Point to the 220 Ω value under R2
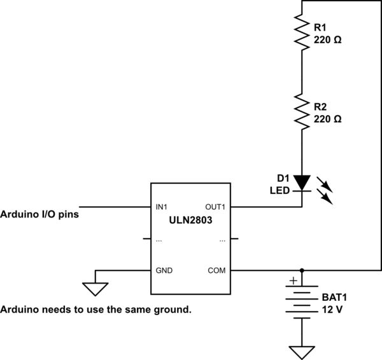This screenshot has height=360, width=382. coord(329,119)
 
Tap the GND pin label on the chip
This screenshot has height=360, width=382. coord(164,270)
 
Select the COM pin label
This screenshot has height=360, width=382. coord(218,270)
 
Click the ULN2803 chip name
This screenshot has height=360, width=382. coord(192,220)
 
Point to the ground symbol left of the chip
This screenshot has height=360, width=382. coord(95,288)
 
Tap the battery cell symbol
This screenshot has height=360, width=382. coord(301,302)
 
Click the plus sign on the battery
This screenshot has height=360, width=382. coord(293,280)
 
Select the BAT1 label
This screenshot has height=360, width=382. coord(335,297)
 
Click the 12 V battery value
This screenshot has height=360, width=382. coord(332,309)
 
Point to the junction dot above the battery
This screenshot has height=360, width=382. coord(301,270)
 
